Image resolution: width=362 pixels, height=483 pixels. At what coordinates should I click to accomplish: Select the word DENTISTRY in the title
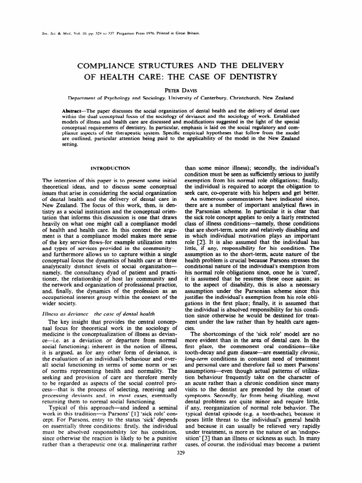[x=261, y=77]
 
